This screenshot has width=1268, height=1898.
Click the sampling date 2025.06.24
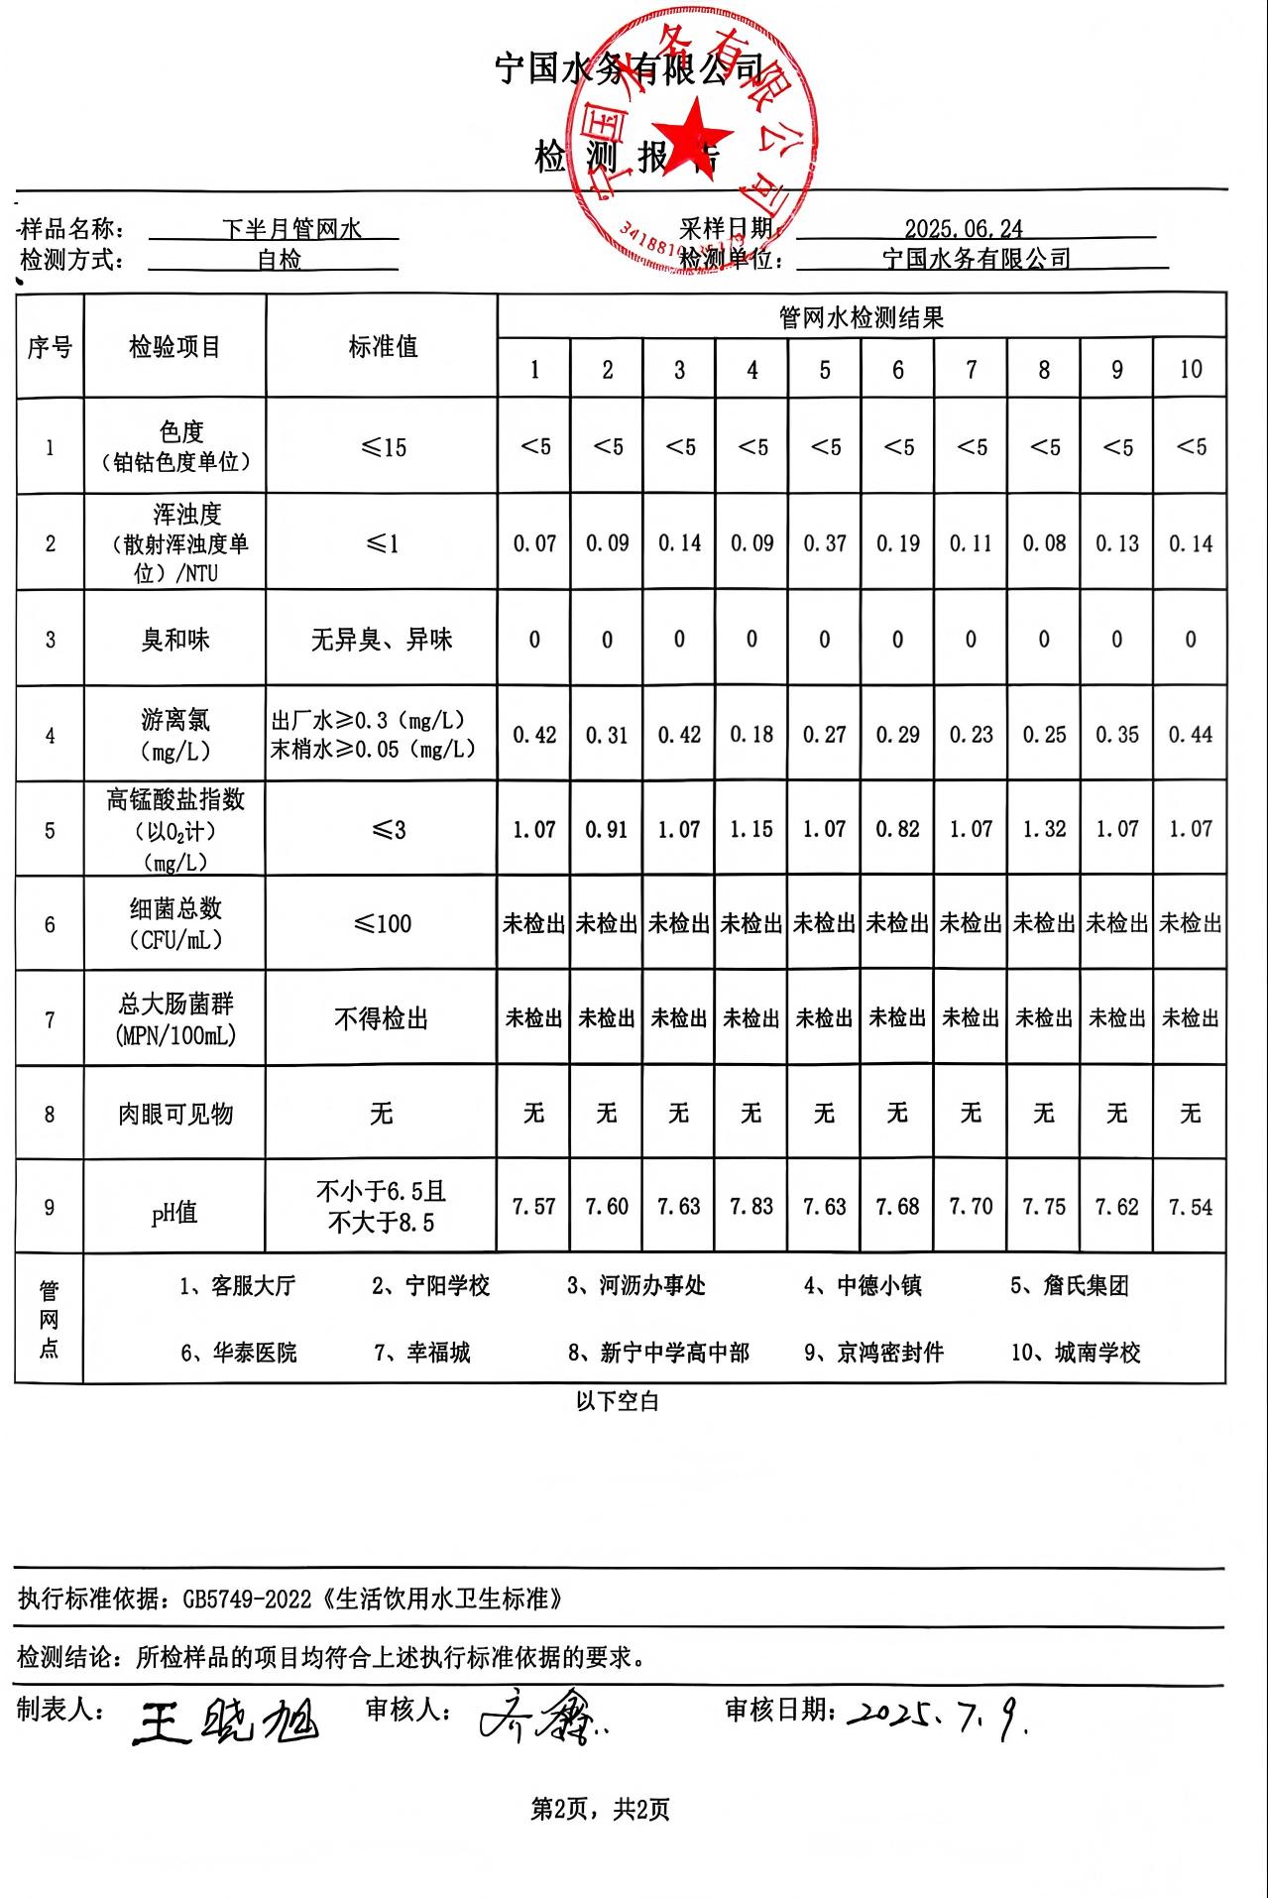point(963,229)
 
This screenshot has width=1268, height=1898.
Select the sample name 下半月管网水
point(291,230)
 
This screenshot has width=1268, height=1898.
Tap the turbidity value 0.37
point(825,543)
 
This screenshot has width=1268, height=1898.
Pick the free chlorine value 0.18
point(751,735)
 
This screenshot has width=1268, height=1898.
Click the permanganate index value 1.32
point(1044,829)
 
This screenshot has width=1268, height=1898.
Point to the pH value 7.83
point(751,1207)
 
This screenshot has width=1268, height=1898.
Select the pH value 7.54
point(1190,1207)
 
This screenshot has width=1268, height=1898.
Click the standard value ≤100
point(383,924)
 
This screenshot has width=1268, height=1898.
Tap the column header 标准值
point(383,347)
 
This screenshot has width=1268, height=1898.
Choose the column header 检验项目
point(174,347)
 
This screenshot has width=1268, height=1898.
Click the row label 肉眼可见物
point(175,1115)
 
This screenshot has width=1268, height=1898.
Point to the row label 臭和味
point(175,640)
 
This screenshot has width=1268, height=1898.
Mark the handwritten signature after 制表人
point(226,1722)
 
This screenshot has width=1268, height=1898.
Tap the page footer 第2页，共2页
point(601,1810)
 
